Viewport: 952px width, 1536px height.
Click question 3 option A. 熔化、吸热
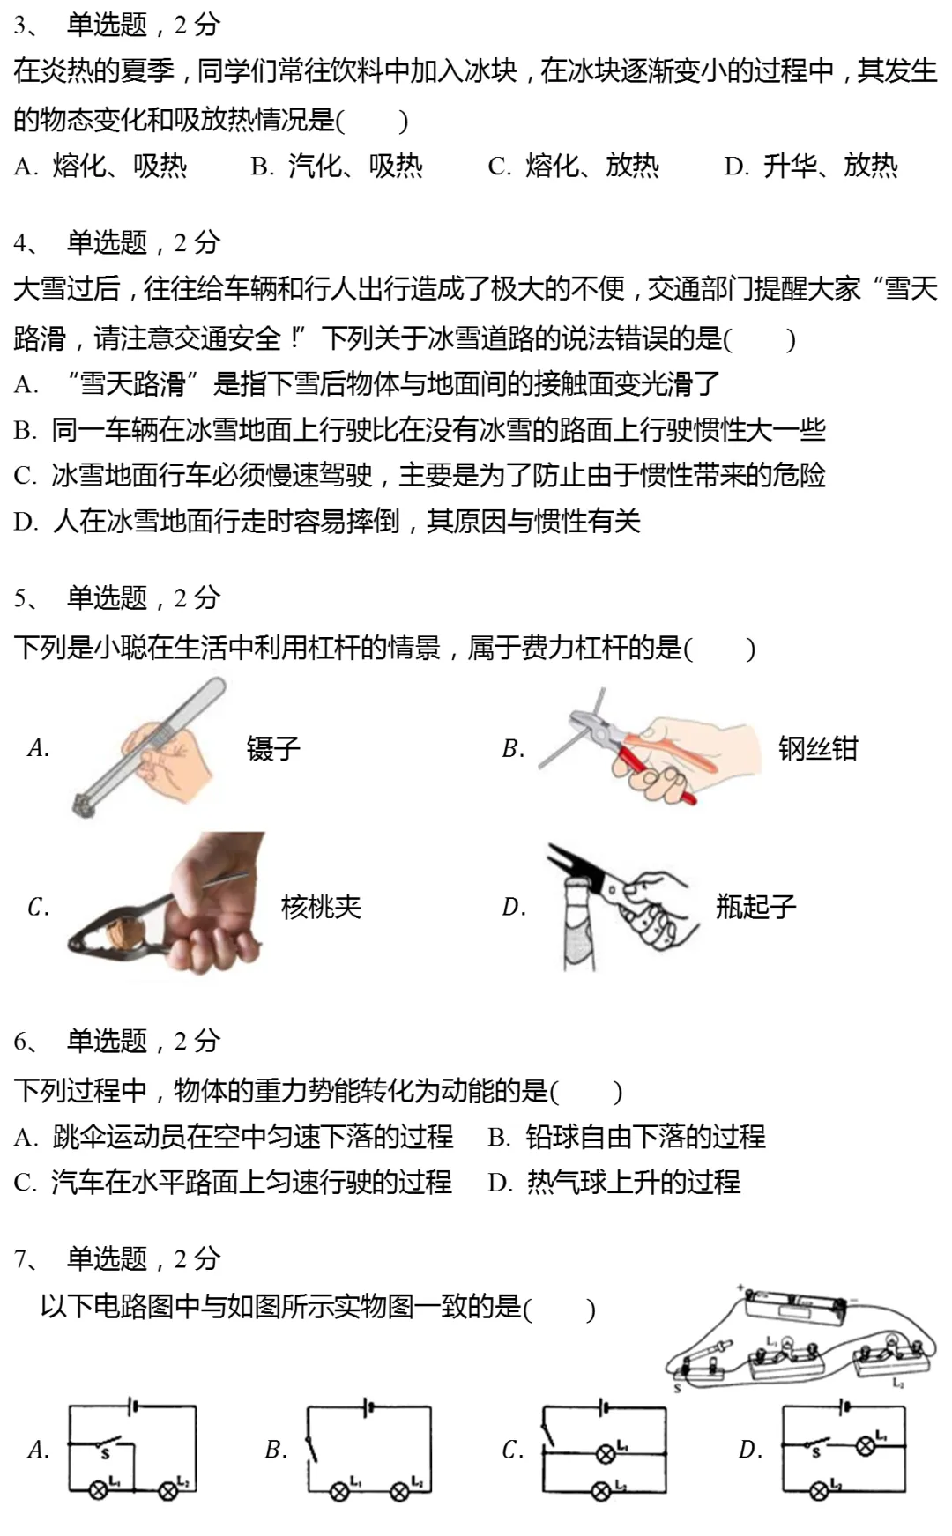tap(100, 167)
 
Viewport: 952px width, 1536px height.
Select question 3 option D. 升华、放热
tap(811, 167)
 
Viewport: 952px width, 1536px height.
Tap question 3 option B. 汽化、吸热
tap(337, 167)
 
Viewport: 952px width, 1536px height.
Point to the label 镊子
tap(273, 749)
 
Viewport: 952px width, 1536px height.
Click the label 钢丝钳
tap(817, 749)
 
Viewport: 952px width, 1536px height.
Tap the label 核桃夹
tap(321, 907)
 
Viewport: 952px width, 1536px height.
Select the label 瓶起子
tap(755, 907)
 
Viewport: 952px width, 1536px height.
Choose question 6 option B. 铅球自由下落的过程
tap(627, 1137)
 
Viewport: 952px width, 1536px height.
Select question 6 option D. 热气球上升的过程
tap(614, 1183)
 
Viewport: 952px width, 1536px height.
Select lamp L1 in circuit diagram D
tap(866, 1443)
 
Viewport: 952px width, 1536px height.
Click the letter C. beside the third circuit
tap(513, 1450)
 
